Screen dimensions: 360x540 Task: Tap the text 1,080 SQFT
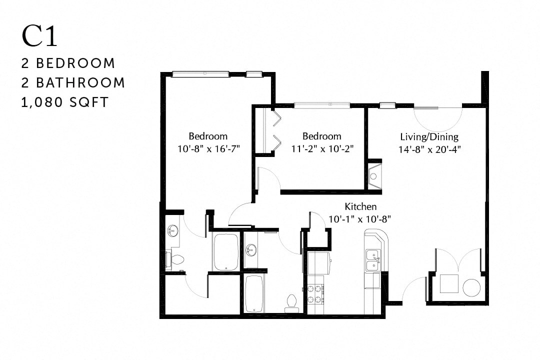tap(65, 102)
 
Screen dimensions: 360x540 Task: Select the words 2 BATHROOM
tap(73, 83)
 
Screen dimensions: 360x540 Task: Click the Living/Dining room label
tap(429, 136)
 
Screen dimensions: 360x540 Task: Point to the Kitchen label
tap(360, 206)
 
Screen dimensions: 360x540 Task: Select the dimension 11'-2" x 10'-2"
tap(322, 148)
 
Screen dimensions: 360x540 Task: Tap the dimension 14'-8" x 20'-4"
tap(429, 148)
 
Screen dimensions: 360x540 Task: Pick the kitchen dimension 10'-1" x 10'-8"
tap(359, 218)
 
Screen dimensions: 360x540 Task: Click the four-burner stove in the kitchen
tap(315, 293)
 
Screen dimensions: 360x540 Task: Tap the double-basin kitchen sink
tap(372, 260)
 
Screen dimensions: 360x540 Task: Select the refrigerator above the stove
tap(317, 262)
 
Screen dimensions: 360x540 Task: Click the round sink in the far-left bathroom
tap(173, 231)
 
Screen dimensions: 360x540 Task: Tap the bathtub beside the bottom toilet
tap(254, 294)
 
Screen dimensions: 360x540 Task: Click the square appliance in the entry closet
tap(449, 283)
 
